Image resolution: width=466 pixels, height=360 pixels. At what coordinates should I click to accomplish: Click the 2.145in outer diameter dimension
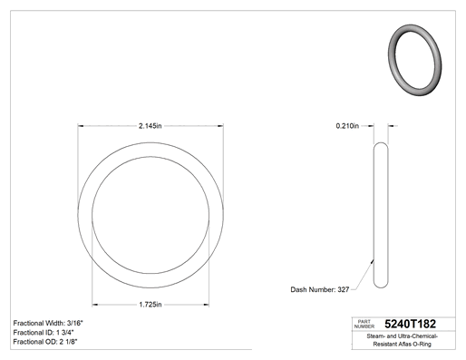click(x=150, y=126)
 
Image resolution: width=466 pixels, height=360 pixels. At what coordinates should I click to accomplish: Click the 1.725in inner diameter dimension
click(x=150, y=305)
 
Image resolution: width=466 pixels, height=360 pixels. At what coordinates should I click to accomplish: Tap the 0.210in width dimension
click(x=347, y=126)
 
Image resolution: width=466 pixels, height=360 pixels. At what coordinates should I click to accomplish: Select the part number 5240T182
click(x=410, y=324)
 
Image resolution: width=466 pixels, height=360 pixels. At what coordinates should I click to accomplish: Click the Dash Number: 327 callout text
click(x=320, y=289)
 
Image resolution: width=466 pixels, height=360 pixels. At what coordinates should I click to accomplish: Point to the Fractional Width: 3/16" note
click(x=48, y=323)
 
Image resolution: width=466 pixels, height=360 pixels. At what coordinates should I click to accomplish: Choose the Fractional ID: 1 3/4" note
click(x=44, y=333)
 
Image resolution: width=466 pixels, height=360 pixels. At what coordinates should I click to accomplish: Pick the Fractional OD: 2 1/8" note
click(x=45, y=342)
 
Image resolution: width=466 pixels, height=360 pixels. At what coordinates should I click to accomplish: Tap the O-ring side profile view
click(x=381, y=215)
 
